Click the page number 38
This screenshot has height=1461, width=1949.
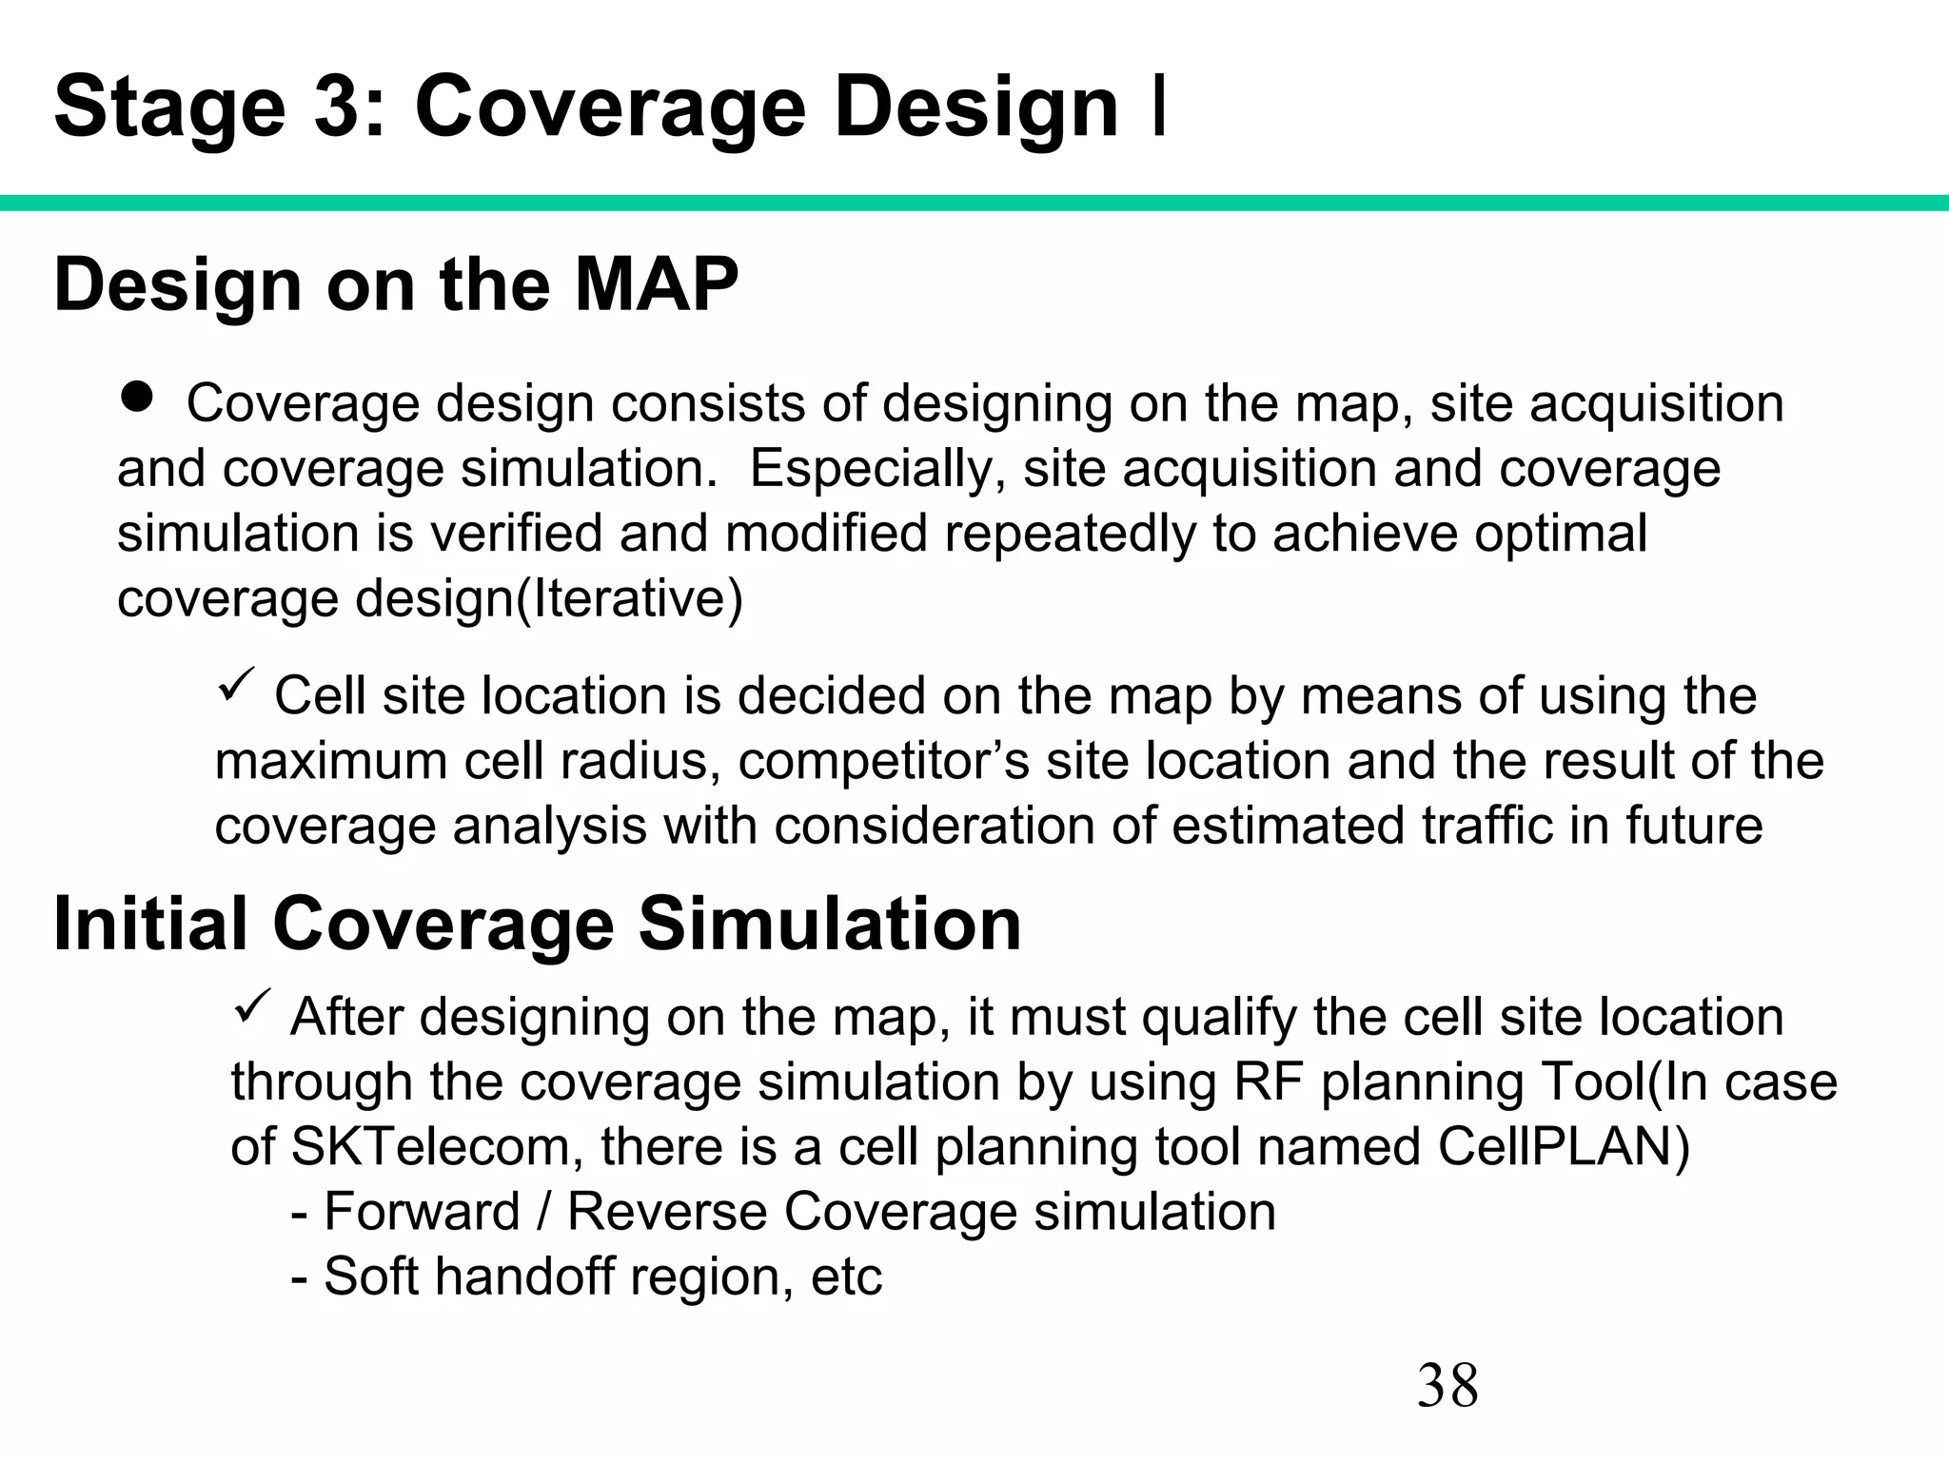[x=1447, y=1386]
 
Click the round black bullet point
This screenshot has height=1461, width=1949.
[x=138, y=397]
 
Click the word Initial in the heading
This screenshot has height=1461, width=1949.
[x=149, y=924]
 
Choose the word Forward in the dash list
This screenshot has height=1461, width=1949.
[x=422, y=1211]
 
